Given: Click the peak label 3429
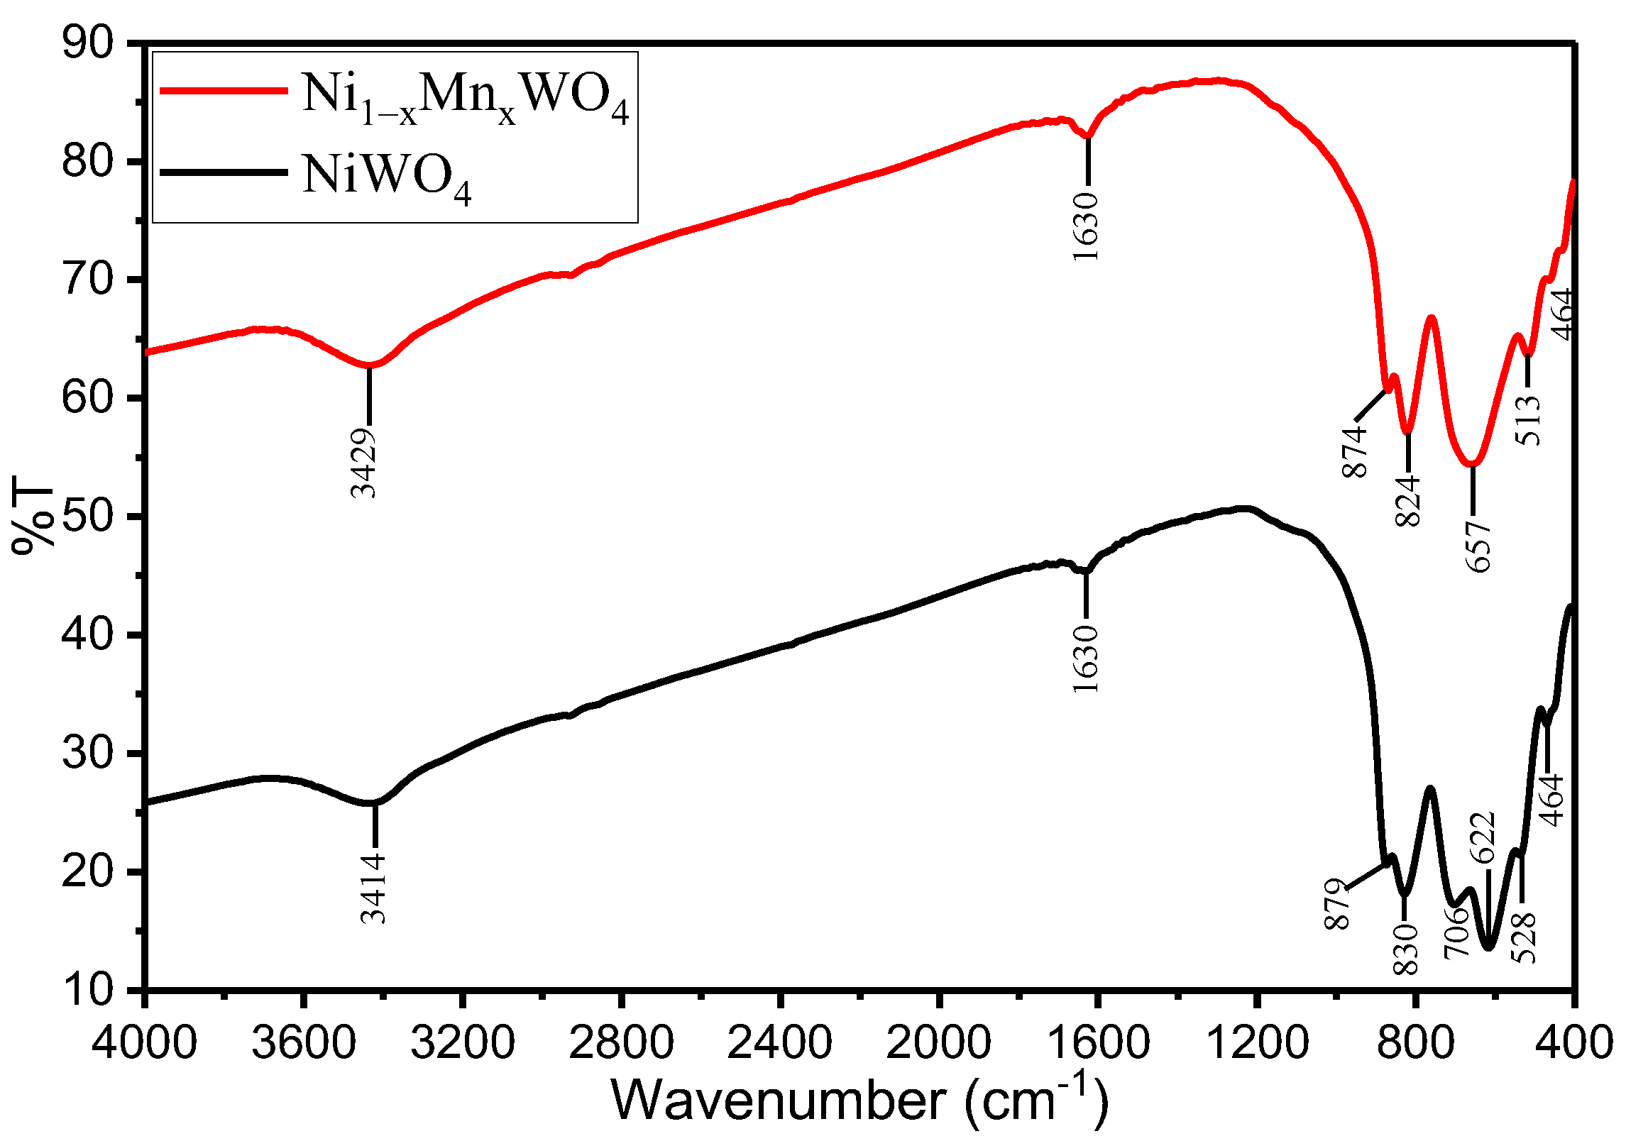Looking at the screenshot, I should (363, 463).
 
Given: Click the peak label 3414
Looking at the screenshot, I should (373, 888).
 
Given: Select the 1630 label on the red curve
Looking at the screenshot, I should (1086, 226).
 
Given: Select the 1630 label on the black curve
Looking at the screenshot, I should (1086, 658).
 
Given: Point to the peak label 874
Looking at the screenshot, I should (1355, 451).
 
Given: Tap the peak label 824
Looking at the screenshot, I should (1408, 501).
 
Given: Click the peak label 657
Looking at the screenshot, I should (1478, 546).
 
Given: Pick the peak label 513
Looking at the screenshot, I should (1529, 421).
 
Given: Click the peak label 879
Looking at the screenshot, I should (1337, 903).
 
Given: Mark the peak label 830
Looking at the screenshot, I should (1406, 949).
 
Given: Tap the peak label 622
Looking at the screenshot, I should (1483, 837).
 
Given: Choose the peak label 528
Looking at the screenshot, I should (1524, 937).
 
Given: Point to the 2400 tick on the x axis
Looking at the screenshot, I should (780, 1044).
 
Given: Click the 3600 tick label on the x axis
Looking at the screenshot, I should (303, 1044).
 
